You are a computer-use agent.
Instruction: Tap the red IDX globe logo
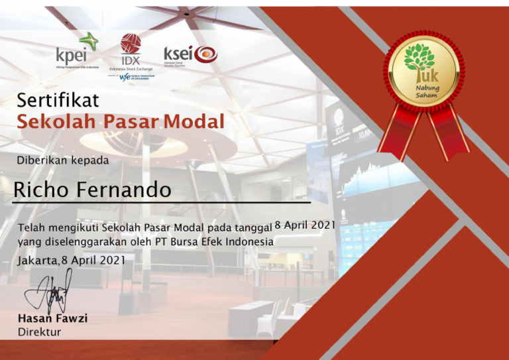[131, 44]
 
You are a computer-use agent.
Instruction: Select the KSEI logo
[190, 54]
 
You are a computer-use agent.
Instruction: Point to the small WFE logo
[125, 77]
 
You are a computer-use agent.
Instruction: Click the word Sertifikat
[58, 101]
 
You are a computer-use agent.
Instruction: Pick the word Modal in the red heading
[194, 122]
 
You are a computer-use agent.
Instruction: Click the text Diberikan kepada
[63, 160]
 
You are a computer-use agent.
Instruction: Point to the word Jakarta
[38, 260]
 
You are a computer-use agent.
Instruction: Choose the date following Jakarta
[93, 260]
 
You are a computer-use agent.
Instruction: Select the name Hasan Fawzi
[52, 318]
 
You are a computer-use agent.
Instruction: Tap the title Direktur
[39, 331]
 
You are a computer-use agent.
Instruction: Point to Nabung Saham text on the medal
[427, 91]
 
